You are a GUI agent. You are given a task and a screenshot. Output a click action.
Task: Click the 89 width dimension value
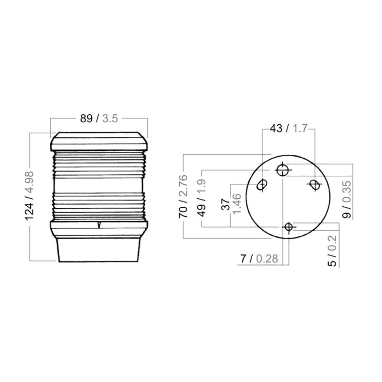(x=86, y=118)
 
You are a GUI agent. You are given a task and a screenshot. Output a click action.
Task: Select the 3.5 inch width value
(x=110, y=118)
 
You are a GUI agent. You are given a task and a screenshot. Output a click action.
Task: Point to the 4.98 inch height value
(x=30, y=182)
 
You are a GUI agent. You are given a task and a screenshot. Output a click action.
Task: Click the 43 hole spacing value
(x=276, y=128)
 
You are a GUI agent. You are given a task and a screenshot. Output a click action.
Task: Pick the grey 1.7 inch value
(x=300, y=128)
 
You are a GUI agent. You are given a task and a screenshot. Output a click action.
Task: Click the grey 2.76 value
(x=183, y=186)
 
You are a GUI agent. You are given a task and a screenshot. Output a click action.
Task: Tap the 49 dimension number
(x=202, y=211)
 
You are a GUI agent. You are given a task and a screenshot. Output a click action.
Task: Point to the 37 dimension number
(x=225, y=204)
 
